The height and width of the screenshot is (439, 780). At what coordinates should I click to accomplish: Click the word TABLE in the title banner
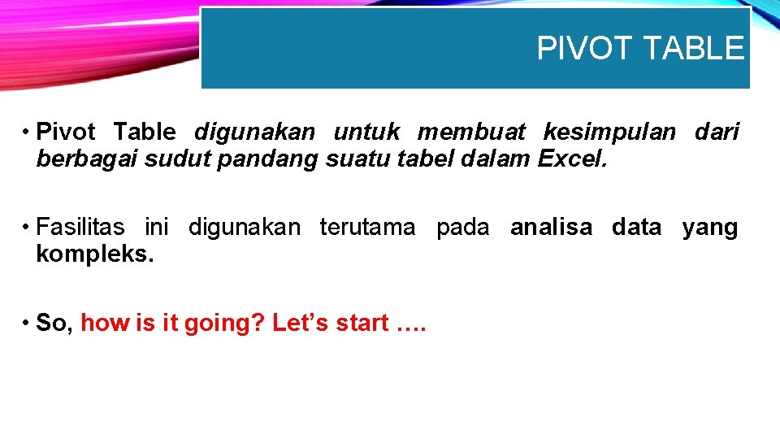692,49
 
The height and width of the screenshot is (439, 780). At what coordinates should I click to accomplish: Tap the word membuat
471,132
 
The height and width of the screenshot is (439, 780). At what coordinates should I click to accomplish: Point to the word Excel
572,159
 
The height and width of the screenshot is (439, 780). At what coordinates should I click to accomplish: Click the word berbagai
87,159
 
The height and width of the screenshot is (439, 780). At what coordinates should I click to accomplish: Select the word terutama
367,228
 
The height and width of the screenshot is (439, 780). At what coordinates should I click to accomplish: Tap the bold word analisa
551,228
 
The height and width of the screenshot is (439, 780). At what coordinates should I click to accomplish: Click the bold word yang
710,228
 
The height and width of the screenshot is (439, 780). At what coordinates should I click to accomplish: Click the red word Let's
301,324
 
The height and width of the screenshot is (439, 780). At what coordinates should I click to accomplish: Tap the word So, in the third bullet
55,324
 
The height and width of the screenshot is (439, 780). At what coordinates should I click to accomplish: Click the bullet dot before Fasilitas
27,228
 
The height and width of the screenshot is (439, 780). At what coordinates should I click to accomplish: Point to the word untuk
366,132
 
